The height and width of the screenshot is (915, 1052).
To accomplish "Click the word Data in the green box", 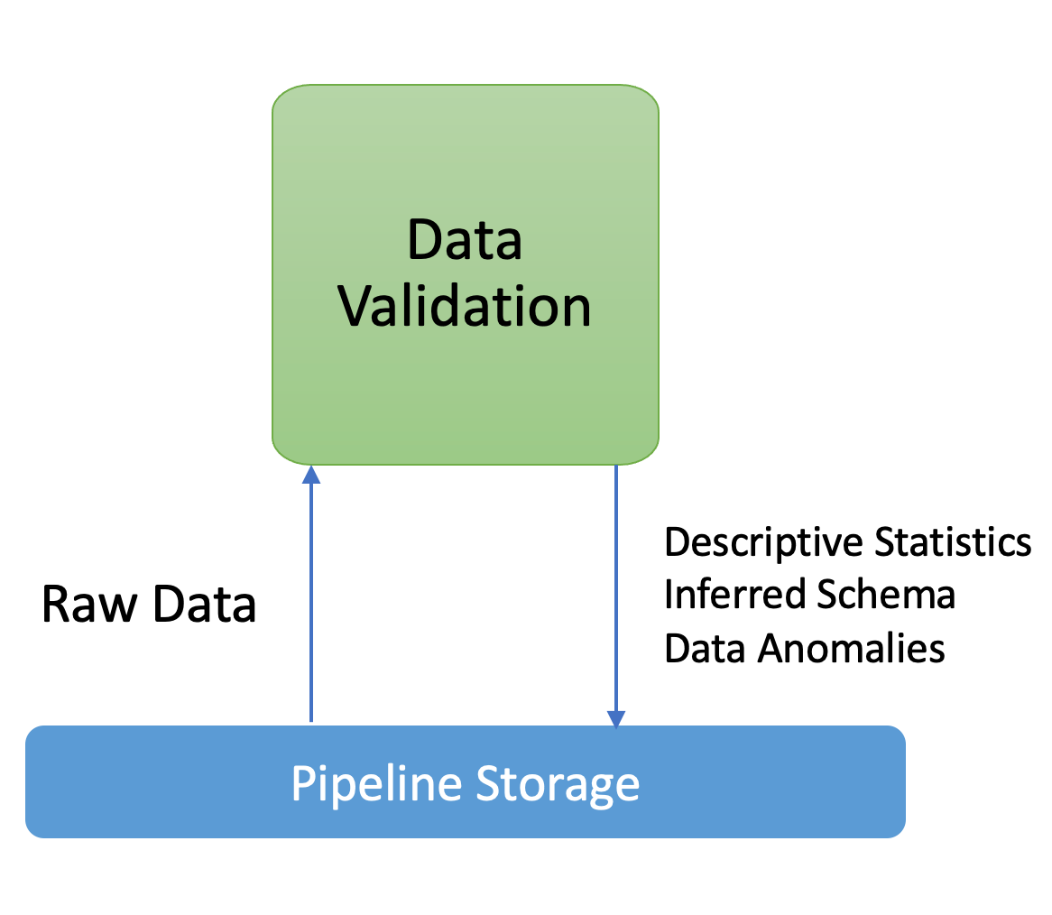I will (x=465, y=240).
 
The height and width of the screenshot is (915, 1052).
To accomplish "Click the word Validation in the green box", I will (x=465, y=307).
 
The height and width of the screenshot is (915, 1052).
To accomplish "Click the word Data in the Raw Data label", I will (x=204, y=604).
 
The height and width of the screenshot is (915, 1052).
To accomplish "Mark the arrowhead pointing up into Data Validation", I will (x=311, y=474).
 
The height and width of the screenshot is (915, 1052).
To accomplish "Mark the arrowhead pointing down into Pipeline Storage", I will (x=616, y=719).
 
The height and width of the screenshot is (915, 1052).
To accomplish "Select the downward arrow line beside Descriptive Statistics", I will (x=616, y=587).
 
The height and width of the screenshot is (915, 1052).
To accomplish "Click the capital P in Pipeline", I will (x=304, y=783).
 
